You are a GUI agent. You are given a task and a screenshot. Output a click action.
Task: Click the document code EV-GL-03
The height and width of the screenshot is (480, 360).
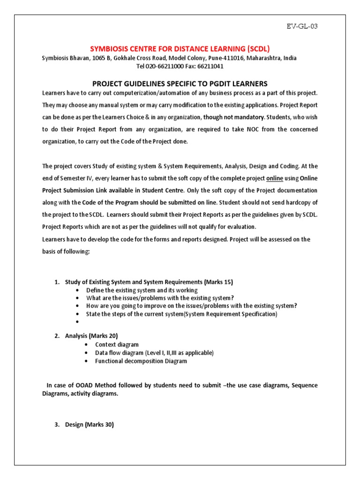[302, 26]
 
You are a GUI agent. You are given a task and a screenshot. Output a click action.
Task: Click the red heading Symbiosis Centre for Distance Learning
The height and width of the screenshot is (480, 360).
[180, 49]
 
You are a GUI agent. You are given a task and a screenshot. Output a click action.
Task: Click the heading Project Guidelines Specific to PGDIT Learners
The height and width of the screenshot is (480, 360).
[180, 83]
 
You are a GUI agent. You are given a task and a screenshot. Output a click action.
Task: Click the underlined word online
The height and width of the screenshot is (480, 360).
[275, 179]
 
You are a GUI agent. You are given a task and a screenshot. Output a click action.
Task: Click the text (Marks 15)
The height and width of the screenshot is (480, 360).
[218, 282]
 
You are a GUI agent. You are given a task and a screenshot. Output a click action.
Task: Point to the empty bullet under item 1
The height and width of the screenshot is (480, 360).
[76, 322]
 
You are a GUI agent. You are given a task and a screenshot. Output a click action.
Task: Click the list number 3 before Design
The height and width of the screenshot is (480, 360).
[57, 425]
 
